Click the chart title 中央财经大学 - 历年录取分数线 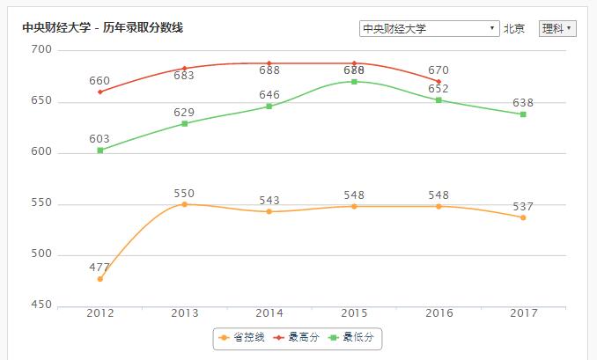(102, 28)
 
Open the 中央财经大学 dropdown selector (429, 29)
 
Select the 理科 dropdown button (557, 29)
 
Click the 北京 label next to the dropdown (514, 29)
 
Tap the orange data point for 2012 (100, 279)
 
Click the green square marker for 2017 (523, 114)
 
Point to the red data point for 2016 (439, 82)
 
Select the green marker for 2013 (185, 123)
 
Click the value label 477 (99, 267)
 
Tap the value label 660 (99, 80)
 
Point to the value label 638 (523, 103)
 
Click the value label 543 (269, 201)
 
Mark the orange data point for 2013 (185, 204)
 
